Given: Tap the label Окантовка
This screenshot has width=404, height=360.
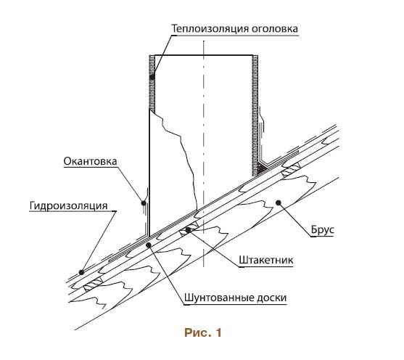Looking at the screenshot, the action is coord(90,161).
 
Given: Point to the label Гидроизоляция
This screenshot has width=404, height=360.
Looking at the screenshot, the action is coord(68,205).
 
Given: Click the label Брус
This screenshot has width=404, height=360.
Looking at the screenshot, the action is coord(322,229).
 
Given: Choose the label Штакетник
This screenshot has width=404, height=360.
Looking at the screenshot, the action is coord(266,260).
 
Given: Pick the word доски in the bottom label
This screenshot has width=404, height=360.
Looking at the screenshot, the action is coord(271,298).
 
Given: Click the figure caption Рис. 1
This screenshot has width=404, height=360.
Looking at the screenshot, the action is coord(203,332).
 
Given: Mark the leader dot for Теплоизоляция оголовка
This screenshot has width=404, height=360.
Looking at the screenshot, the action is coord(152,77).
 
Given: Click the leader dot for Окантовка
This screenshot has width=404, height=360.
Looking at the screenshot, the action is coord(144,203).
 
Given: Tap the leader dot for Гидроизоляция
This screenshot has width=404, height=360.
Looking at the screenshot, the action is coord(82,272).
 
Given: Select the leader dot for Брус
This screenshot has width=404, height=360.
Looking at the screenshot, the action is coord(278,202).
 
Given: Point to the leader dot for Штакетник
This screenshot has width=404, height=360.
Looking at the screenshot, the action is coord(189,230).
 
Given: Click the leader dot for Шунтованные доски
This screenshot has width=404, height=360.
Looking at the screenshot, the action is coord(149,245).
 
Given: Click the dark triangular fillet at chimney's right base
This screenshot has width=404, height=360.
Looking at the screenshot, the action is coord(262,168).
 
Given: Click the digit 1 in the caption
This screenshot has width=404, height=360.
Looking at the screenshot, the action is coord(218,332).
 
